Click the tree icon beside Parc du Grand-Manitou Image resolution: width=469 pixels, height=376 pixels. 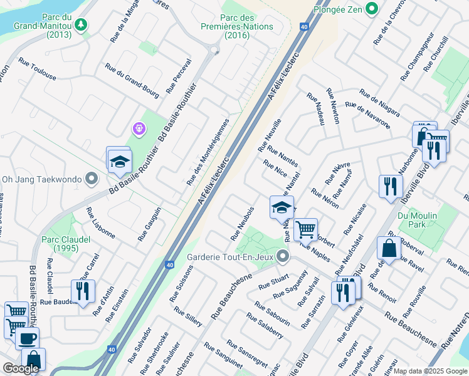pos(80,25)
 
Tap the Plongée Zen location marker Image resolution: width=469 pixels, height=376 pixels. pos(372,9)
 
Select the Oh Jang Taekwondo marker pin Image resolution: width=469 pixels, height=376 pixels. pos(92,179)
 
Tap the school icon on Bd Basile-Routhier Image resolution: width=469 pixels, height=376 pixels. pos(118,162)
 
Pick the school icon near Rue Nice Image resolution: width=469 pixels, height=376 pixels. pos(282,207)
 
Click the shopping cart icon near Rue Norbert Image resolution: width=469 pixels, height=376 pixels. pos(305,229)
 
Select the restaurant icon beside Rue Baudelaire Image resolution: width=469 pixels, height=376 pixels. pos(83,291)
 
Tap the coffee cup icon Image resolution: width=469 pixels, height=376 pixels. pos(27,338)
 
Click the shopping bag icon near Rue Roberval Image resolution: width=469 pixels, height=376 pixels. pos(389,248)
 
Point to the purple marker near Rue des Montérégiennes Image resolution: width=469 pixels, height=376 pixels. pos(139,129)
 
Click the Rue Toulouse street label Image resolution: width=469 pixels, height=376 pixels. pos(37,70)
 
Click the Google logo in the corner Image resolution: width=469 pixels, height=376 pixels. pos(21,368)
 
